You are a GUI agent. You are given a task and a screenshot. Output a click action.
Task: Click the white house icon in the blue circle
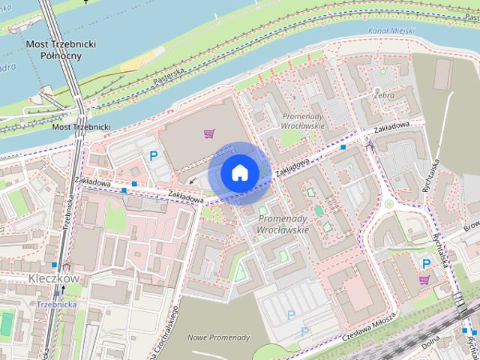[x=239, y=173]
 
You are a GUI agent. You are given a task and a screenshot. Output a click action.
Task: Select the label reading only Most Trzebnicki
[x=81, y=127]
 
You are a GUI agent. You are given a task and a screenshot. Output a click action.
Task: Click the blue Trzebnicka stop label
[x=57, y=304]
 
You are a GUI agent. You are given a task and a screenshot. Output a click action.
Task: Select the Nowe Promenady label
[x=214, y=337]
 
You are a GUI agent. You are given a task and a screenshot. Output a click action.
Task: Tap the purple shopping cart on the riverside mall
[x=209, y=133]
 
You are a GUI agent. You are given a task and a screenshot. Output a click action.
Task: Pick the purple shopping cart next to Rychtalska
[x=425, y=280]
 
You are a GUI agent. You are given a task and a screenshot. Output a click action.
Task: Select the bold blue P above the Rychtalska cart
[x=426, y=263]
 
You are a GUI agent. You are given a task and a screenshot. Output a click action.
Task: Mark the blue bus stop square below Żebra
[x=343, y=148]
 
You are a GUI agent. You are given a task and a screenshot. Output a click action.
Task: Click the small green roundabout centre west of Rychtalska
[x=388, y=203]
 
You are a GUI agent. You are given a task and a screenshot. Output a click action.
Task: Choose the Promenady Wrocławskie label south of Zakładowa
[x=283, y=223]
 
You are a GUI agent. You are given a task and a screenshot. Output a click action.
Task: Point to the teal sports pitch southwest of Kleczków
[x=7, y=324]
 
